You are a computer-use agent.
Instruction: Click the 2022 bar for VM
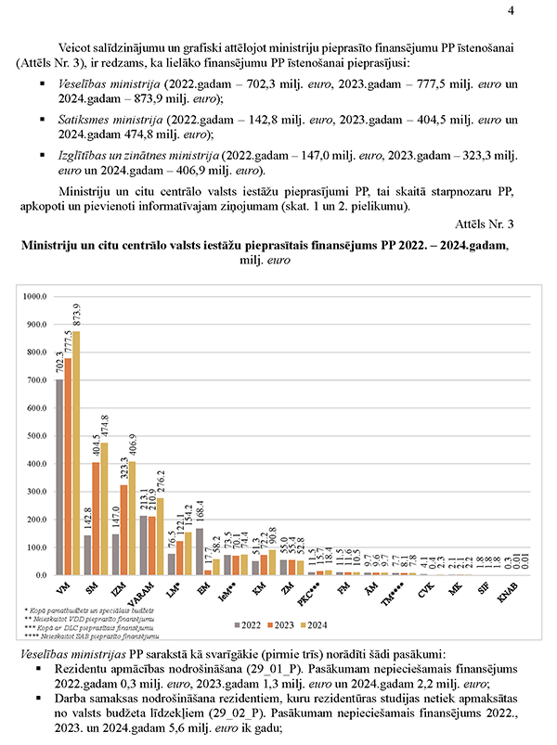(x=60, y=477)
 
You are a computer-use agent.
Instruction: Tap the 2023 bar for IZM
(x=123, y=530)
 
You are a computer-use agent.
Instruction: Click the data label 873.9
(x=77, y=315)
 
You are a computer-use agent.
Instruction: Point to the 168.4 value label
(x=200, y=511)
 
